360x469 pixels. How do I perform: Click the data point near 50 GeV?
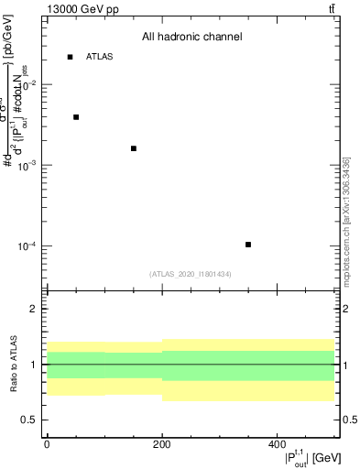(x=76, y=117)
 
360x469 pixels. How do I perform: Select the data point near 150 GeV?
(x=134, y=148)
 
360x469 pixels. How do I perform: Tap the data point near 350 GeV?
(x=248, y=245)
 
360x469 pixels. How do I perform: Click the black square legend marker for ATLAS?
(x=70, y=57)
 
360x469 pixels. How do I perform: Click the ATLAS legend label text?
(x=99, y=57)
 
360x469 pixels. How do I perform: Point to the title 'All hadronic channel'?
(x=191, y=38)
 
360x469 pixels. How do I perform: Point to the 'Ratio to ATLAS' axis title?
(x=12, y=364)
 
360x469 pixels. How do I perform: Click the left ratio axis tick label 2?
(x=34, y=309)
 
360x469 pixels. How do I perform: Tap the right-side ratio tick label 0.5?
(x=349, y=420)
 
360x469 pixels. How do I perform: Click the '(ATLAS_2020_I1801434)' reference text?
(x=191, y=274)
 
